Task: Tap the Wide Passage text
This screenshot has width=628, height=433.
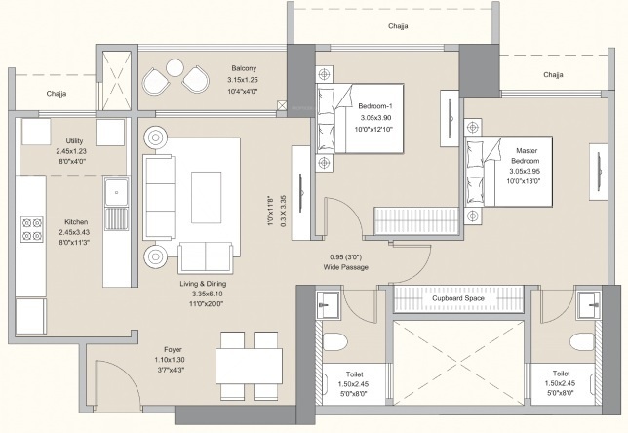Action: pyautogui.click(x=348, y=266)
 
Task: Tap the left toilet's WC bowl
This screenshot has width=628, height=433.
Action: pyautogui.click(x=334, y=342)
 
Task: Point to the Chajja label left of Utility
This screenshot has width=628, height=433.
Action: pyautogui.click(x=55, y=93)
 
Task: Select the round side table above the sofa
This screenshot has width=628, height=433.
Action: pyautogui.click(x=156, y=136)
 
